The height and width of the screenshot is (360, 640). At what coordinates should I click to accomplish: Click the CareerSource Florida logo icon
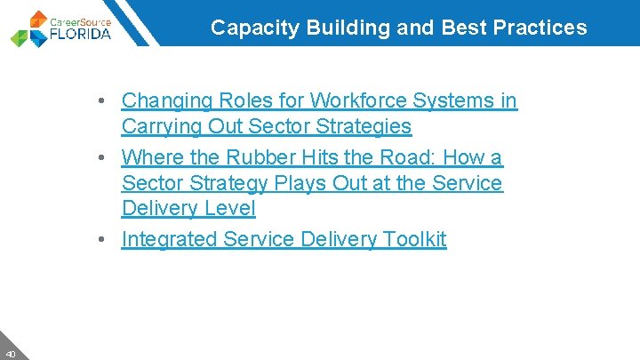(x=30, y=28)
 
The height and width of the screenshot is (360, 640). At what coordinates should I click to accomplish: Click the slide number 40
(x=10, y=352)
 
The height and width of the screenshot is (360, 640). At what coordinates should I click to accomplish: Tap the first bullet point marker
(x=105, y=102)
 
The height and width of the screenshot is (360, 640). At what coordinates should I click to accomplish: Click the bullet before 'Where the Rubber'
(x=105, y=158)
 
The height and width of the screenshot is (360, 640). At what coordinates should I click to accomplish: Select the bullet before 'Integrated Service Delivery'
(x=105, y=240)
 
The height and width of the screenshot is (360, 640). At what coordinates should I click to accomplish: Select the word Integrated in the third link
(x=169, y=239)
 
